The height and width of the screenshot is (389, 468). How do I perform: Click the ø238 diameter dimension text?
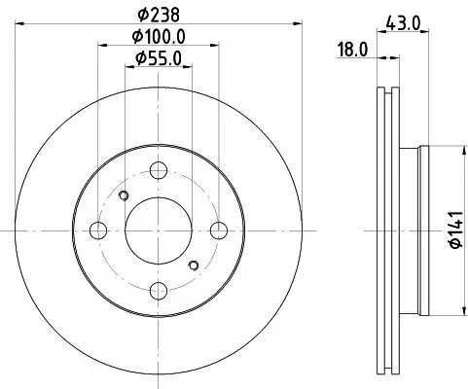[x=159, y=15]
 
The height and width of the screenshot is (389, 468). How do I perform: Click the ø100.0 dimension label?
[x=159, y=36]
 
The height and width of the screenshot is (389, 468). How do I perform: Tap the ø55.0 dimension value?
[x=159, y=58]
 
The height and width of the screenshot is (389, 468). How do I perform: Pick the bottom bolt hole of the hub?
[x=159, y=290]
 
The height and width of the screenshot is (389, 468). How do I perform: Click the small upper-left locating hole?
[x=124, y=197]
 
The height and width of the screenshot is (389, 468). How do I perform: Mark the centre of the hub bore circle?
[x=159, y=230]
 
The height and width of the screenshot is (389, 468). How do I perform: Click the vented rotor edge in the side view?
[x=383, y=230]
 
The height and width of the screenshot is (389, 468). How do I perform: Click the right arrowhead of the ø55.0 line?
[x=188, y=68]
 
